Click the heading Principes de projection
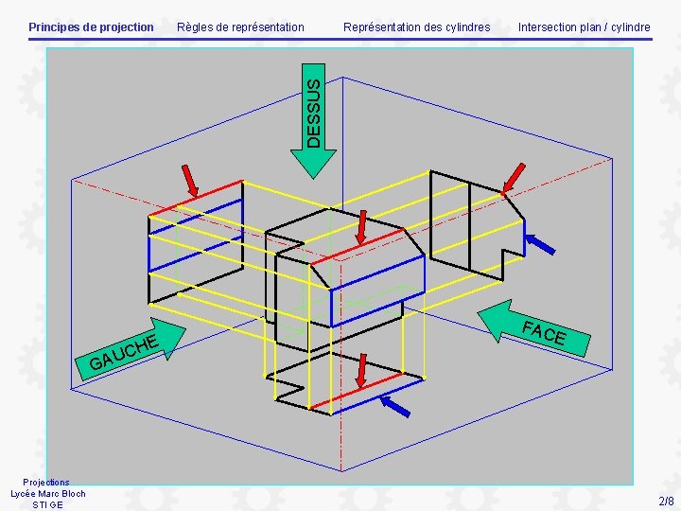pyautogui.click(x=91, y=26)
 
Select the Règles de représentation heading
pyautogui.click(x=240, y=26)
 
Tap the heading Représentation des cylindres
pyautogui.click(x=416, y=26)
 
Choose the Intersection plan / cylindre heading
pyautogui.click(x=584, y=26)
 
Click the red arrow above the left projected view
pyautogui.click(x=191, y=181)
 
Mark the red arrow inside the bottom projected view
pyautogui.click(x=363, y=372)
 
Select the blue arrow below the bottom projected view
pyautogui.click(x=394, y=407)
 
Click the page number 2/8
pyautogui.click(x=666, y=501)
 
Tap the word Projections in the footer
pyautogui.click(x=46, y=482)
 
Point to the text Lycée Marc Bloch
pyautogui.click(x=47, y=493)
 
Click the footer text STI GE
pyautogui.click(x=47, y=504)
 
